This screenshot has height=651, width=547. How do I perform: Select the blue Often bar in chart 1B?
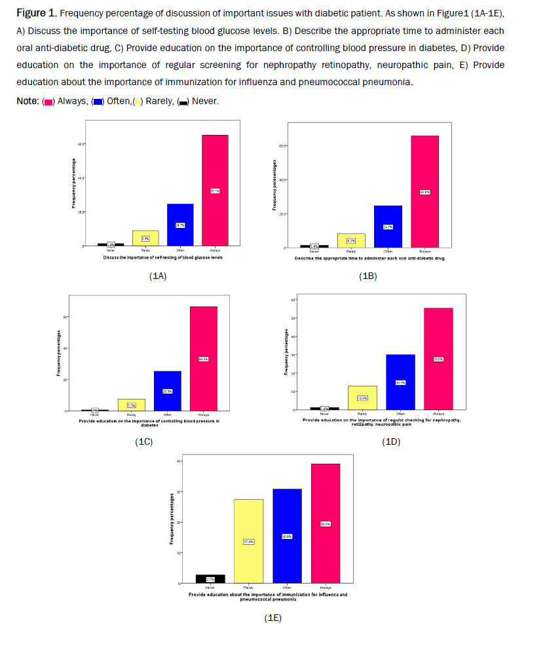coord(388,226)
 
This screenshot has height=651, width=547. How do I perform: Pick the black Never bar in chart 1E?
coord(210,579)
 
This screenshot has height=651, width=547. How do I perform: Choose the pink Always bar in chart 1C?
coord(203,358)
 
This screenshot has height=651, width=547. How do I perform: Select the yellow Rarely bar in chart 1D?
coord(362,398)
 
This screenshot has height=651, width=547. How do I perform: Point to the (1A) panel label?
coord(158,276)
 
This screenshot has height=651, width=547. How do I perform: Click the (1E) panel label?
coord(273,618)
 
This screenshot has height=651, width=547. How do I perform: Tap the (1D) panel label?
coord(390,442)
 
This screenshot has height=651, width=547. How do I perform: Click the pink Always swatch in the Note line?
coord(48,102)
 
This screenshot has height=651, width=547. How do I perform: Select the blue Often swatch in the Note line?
coord(98,102)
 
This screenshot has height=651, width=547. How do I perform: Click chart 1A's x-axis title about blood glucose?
coord(163,258)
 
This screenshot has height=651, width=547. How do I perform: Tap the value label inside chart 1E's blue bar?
coord(287,536)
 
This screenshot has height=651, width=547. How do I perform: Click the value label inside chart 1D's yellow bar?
coord(362,398)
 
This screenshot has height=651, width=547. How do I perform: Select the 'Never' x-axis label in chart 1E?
coord(210,588)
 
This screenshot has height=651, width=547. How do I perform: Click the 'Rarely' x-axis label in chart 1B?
coord(351,251)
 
